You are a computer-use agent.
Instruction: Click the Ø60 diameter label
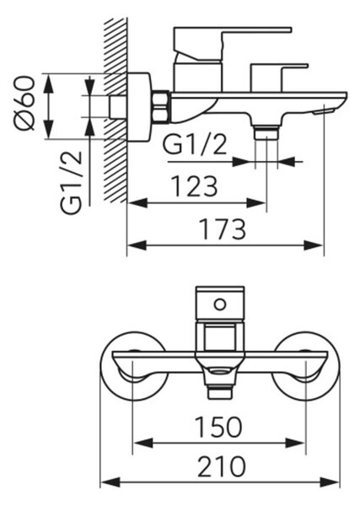[x=24, y=103]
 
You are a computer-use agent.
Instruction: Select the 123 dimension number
[x=194, y=186]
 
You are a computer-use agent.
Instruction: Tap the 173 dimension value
[x=223, y=229]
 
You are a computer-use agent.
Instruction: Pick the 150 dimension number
[x=218, y=427]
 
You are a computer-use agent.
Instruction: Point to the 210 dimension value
[x=221, y=466]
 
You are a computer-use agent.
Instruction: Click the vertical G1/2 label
[x=72, y=183]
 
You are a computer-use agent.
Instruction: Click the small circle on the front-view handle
[x=220, y=304]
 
